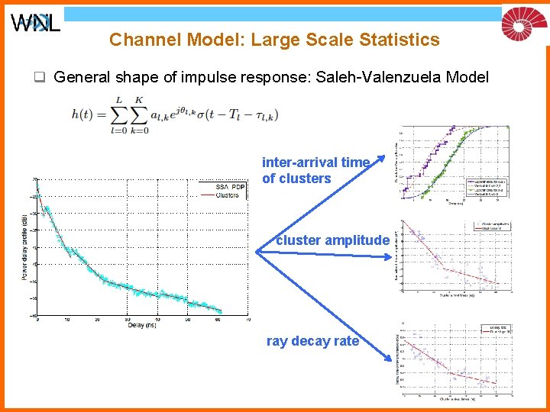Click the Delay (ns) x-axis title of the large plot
click(x=141, y=325)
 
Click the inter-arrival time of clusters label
click(x=315, y=170)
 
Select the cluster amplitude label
click(x=332, y=240)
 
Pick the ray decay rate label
click(x=312, y=341)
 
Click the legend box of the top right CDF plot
click(x=487, y=187)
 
